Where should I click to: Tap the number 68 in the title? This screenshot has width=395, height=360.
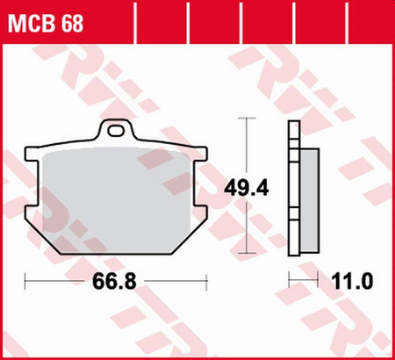(x=73, y=24)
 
